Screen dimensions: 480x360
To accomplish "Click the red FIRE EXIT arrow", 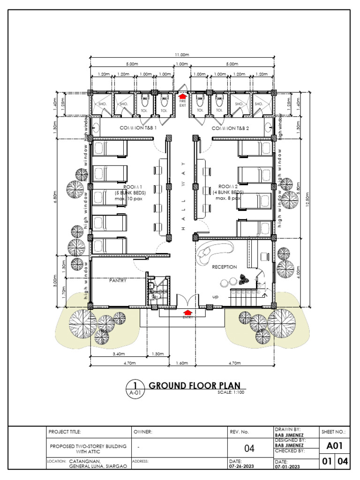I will click(x=182, y=97).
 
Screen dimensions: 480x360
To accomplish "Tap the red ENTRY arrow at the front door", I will click(x=187, y=312).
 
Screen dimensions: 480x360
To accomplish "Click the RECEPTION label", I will click(x=224, y=267).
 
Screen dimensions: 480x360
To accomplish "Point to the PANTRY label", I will click(x=118, y=280).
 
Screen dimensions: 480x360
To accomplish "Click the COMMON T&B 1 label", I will click(x=137, y=128).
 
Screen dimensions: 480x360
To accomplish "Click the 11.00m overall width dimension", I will click(x=181, y=55).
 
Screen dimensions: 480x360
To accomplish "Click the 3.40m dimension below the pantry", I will click(x=118, y=354).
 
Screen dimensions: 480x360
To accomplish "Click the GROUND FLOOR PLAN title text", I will click(x=191, y=386).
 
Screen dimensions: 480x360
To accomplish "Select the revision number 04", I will click(x=249, y=449).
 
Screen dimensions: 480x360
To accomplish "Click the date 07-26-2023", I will click(x=242, y=466).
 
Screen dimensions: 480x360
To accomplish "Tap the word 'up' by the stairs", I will click(x=216, y=297).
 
